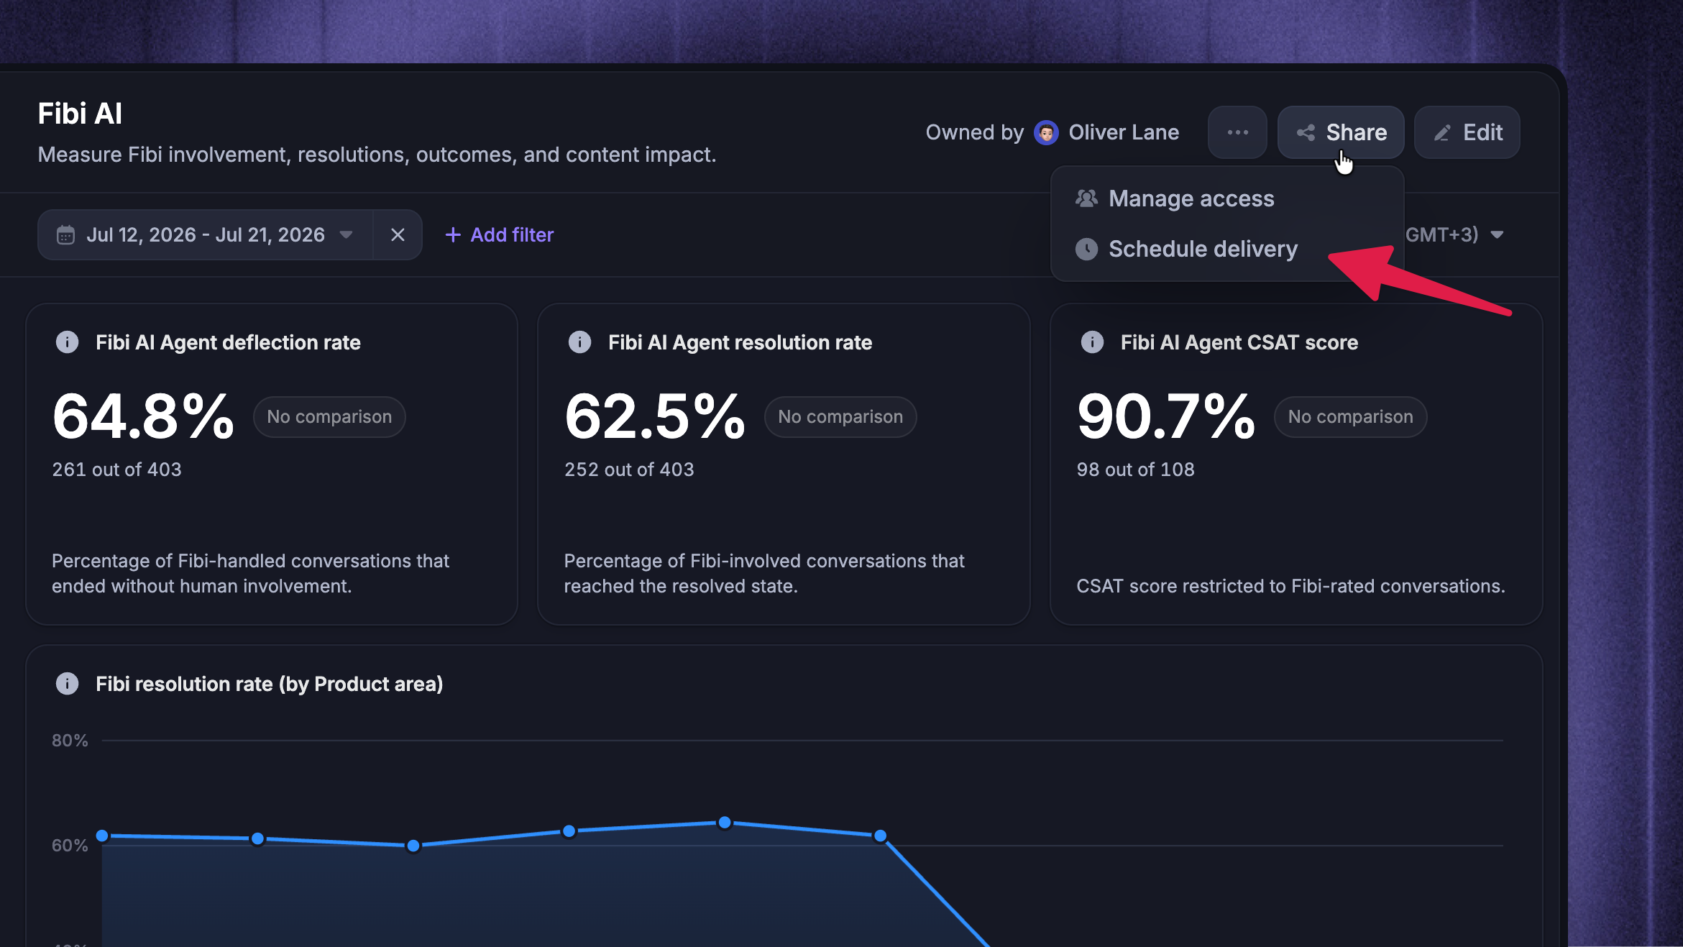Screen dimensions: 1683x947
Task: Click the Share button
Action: tap(1341, 132)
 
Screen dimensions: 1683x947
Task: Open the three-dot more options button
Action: tap(1237, 132)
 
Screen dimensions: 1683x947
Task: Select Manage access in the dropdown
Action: tap(1191, 198)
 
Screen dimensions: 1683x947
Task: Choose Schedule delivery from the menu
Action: tap(1203, 249)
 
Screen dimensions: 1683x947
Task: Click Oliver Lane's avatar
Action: tap(1046, 132)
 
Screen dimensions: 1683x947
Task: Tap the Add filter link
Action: tap(500, 234)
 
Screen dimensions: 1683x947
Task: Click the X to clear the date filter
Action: tap(398, 234)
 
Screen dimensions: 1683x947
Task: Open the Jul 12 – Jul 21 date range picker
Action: tap(206, 234)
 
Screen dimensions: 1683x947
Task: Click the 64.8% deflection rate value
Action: tap(143, 416)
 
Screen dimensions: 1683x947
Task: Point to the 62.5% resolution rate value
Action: tap(655, 416)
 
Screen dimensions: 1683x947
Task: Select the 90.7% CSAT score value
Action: tap(1166, 416)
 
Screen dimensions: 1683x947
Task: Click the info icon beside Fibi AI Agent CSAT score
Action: tap(1092, 342)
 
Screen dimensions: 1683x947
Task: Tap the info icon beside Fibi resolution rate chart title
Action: tap(68, 683)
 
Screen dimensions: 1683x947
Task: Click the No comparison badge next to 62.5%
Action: tap(840, 417)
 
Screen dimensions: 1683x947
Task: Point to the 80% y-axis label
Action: tap(70, 741)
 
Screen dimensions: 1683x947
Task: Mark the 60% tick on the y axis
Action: tap(70, 846)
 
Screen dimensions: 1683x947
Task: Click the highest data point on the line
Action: tap(725, 822)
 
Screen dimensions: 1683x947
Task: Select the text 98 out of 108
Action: tap(1135, 470)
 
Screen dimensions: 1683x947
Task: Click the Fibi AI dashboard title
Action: tap(80, 114)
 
